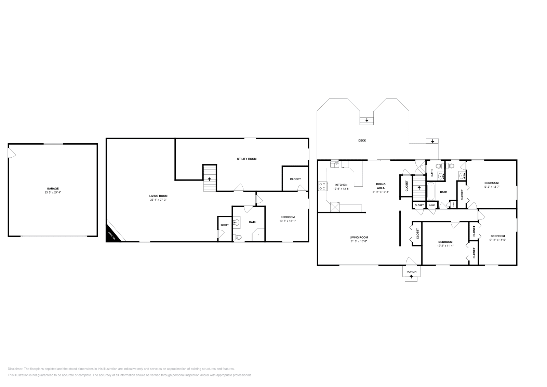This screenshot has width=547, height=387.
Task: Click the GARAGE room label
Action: tap(53, 188)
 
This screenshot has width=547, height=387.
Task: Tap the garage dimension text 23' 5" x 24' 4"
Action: tap(53, 192)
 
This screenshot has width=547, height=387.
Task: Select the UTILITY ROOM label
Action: tap(246, 159)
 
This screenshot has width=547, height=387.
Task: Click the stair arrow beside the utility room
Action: tap(210, 179)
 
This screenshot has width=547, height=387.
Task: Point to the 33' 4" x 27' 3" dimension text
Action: tap(158, 200)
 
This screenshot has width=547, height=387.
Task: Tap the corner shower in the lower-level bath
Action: tap(258, 235)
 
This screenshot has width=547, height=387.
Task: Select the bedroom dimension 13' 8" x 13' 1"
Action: tap(288, 221)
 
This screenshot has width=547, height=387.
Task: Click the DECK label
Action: tap(362, 141)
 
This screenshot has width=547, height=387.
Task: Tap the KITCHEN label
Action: tap(341, 185)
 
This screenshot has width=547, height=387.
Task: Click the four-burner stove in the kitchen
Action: tap(322, 186)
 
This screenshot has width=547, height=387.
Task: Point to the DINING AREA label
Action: tap(381, 186)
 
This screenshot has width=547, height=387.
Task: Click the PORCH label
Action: tap(411, 272)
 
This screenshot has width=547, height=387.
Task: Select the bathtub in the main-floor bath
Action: tap(431, 192)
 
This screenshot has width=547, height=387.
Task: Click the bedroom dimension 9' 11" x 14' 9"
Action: tap(497, 240)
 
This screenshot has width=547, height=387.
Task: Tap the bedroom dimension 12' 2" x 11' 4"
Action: tap(445, 245)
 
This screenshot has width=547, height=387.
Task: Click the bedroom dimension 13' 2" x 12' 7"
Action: tap(491, 187)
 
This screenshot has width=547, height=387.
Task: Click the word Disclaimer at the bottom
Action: tap(15, 369)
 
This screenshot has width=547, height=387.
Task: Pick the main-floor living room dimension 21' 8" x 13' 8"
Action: tap(359, 241)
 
